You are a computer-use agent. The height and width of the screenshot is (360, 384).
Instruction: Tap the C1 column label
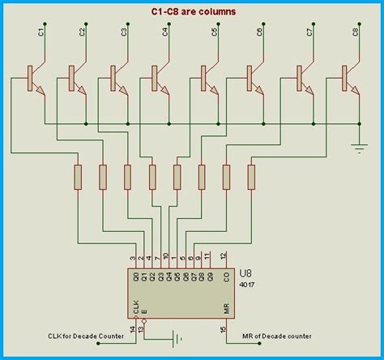point(41,32)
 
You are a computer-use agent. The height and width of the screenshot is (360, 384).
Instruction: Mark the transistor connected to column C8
point(350,78)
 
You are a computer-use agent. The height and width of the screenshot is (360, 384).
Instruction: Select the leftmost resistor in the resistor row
point(79,175)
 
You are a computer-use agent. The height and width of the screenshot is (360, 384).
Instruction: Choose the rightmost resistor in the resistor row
point(251,175)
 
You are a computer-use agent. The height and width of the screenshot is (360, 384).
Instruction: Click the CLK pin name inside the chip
point(135,307)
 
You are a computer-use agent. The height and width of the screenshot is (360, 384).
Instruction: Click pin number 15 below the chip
point(224,328)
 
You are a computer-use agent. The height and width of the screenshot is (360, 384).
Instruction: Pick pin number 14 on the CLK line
point(134,328)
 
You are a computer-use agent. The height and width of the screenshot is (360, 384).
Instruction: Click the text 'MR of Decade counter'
point(275,335)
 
